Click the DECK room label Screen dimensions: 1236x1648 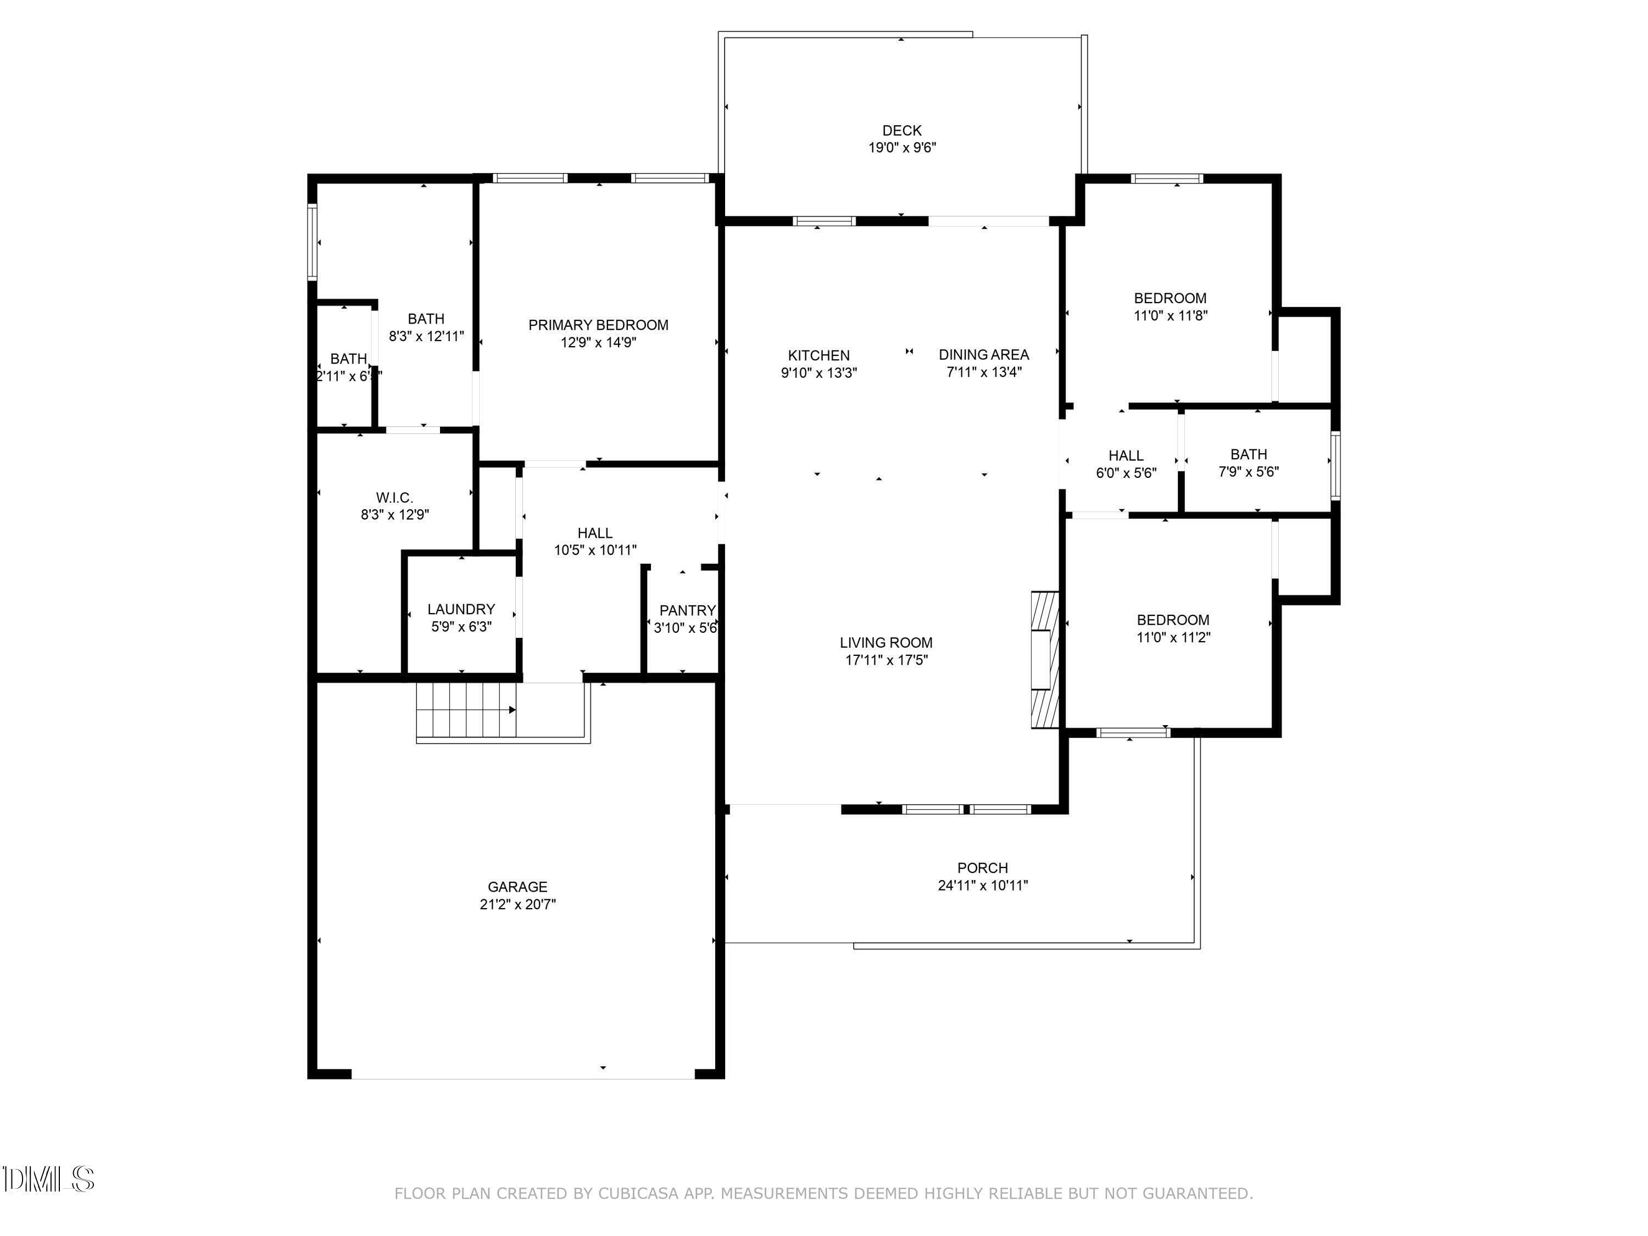(x=901, y=130)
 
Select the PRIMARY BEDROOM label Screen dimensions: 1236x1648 (x=598, y=325)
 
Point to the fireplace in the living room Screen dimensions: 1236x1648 (x=1044, y=659)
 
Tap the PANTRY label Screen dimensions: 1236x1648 (x=687, y=610)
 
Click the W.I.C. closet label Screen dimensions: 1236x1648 (x=394, y=497)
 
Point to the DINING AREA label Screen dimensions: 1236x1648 (x=983, y=355)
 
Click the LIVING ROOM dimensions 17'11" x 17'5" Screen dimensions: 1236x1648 (x=886, y=659)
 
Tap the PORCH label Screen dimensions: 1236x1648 (x=982, y=868)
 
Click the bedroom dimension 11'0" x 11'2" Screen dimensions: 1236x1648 (x=1173, y=637)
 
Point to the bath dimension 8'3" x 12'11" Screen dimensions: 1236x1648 (x=426, y=336)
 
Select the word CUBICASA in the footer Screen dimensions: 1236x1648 (x=638, y=1194)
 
